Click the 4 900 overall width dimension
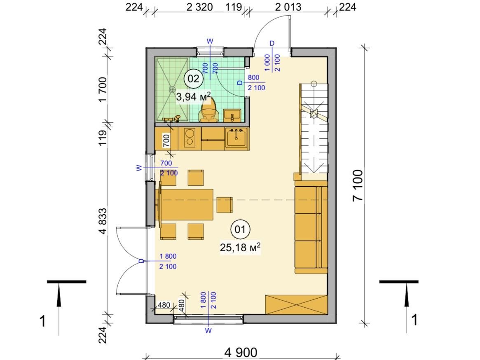pyautogui.click(x=241, y=352)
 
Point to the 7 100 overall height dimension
pyautogui.click(x=358, y=185)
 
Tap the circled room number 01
pyautogui.click(x=240, y=229)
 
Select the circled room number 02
pyautogui.click(x=193, y=79)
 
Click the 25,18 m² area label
pyautogui.click(x=240, y=247)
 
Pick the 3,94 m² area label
pyautogui.click(x=194, y=97)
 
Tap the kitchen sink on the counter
pyautogui.click(x=236, y=138)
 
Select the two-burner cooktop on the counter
pyautogui.click(x=190, y=137)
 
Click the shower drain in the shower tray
pyautogui.click(x=172, y=89)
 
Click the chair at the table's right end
pyautogui.click(x=225, y=205)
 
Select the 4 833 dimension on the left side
pyautogui.click(x=103, y=221)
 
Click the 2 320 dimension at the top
pyautogui.click(x=199, y=7)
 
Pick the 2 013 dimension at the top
pyautogui.click(x=288, y=7)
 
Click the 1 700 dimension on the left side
pyautogui.click(x=103, y=90)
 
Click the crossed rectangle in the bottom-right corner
pyautogui.click(x=296, y=304)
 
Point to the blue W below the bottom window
pyautogui.click(x=208, y=331)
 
